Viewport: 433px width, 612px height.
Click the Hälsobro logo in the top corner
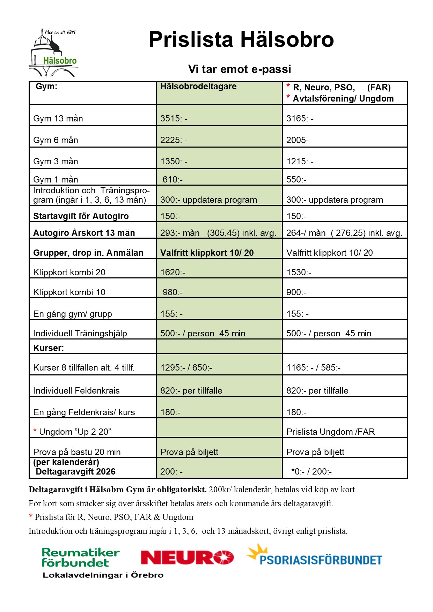(53, 53)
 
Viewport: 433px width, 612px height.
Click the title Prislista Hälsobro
(241, 39)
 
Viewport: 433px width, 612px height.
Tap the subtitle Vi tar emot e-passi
(239, 69)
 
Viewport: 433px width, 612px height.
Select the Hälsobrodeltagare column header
(198, 87)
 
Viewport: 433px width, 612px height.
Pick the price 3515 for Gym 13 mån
(174, 119)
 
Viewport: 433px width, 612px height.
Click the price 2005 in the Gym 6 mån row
(297, 140)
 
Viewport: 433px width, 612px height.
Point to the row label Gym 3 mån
(56, 162)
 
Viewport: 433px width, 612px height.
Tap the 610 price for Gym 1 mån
(173, 180)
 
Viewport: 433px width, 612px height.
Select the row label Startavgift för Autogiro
(81, 216)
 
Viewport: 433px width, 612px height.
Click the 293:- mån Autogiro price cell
(218, 233)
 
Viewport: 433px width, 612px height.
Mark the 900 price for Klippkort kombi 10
(296, 292)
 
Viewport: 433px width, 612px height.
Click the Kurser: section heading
(49, 348)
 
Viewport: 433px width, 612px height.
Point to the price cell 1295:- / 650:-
(186, 368)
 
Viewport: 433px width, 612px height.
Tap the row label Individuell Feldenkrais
(76, 391)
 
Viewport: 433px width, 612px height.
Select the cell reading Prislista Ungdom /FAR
(330, 432)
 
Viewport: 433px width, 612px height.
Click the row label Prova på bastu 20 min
(77, 452)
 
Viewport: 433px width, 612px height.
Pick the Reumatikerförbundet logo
(81, 558)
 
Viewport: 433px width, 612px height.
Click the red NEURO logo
(187, 557)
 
